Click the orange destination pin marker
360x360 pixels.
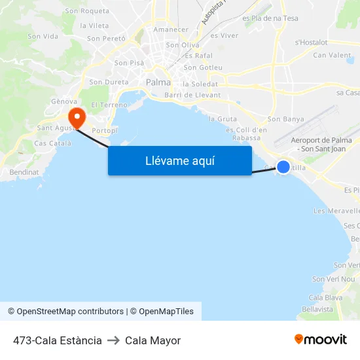(77, 118)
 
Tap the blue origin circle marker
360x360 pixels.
(283, 167)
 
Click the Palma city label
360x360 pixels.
(158, 82)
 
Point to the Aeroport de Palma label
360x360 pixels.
(321, 141)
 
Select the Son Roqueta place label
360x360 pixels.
(87, 11)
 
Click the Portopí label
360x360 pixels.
(105, 131)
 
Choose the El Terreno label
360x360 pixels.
(109, 105)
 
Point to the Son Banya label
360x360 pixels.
(286, 119)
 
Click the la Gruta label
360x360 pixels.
(223, 119)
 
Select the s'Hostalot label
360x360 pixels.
(312, 42)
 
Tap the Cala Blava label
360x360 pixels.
(325, 297)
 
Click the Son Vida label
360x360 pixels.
(43, 37)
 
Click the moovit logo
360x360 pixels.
(321, 340)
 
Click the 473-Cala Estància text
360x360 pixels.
(58, 340)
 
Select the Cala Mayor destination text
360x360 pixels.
(153, 340)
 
